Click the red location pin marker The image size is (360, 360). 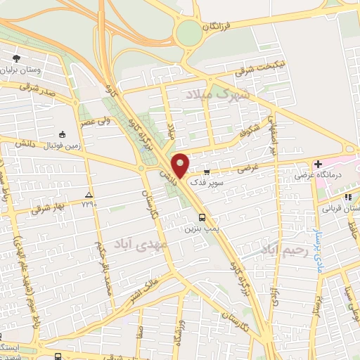pos(181,166)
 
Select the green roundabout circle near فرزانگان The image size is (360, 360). pos(188,32)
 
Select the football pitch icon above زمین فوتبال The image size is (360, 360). pos(63,134)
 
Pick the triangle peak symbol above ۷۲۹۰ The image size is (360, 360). pos(89,194)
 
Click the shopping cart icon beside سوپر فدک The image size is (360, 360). pos(206,171)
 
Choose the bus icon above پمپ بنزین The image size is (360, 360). pos(202,218)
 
